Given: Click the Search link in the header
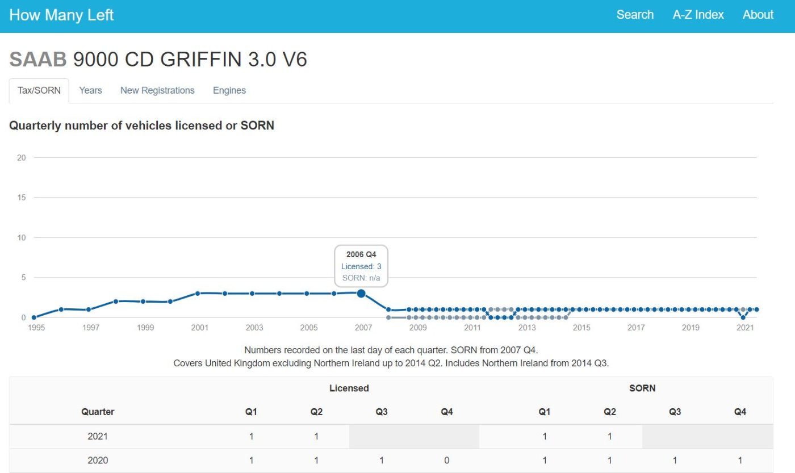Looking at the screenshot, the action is tap(635, 15).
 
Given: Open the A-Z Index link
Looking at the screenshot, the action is tap(698, 15).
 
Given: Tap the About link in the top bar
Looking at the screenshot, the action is tap(758, 15).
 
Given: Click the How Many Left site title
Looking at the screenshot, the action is tap(61, 15).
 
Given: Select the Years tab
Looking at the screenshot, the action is tap(90, 90).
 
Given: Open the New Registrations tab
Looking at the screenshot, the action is tap(157, 90).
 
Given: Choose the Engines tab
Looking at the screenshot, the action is tap(229, 90).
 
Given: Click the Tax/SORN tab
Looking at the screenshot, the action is tap(39, 90).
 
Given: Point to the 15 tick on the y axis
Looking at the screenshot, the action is tap(22, 197).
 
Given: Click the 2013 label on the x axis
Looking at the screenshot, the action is tap(527, 328).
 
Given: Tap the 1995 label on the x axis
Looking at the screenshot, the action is tap(36, 328).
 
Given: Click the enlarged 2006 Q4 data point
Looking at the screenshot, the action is tap(361, 294).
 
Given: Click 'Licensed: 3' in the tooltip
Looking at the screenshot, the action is tap(361, 266).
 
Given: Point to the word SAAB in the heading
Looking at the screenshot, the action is tap(38, 59).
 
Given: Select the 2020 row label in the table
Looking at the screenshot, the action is tap(98, 461).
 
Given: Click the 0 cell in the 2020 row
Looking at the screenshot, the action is tap(446, 461).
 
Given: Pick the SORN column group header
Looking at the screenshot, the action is tap(642, 388).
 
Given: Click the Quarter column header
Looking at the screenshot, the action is tap(98, 412).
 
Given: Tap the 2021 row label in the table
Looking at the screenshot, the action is tap(98, 436).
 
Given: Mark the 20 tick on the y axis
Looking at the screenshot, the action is tap(22, 157).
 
